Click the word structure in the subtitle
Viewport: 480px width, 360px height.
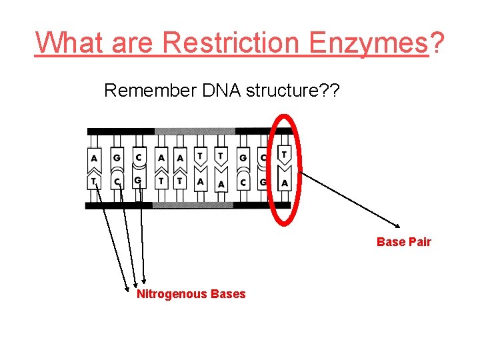tap(287, 91)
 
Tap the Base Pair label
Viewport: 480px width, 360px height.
tap(403, 242)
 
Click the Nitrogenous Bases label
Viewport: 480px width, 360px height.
tap(191, 294)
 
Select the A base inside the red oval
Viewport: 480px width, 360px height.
tap(285, 183)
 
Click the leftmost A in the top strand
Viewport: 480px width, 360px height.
tap(94, 159)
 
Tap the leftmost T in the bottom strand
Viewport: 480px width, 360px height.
tap(94, 181)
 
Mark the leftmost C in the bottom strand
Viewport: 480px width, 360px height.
tap(116, 181)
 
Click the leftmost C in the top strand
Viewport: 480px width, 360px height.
tap(138, 157)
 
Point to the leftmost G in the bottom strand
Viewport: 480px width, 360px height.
tap(138, 181)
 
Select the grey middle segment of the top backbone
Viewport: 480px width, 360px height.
tap(194, 131)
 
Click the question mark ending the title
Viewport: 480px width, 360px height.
tap(437, 43)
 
